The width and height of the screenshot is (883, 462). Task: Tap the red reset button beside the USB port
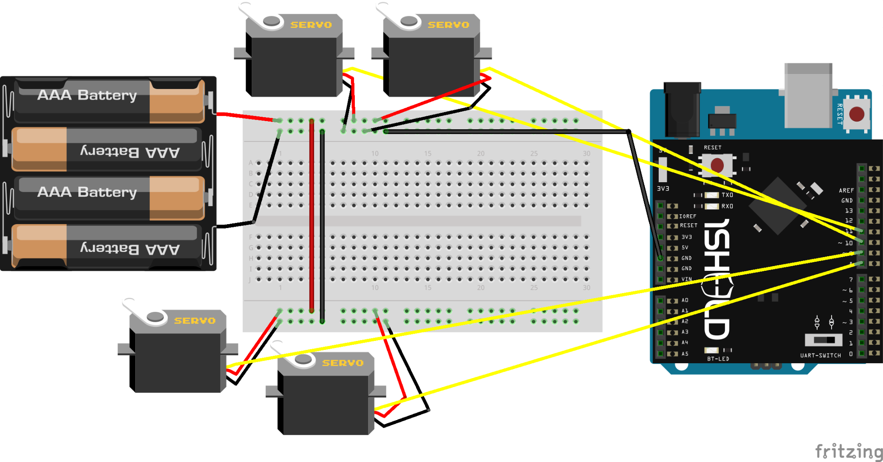[856, 114]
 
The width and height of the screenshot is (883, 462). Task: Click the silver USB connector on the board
[808, 96]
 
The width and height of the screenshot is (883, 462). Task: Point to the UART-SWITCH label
[820, 355]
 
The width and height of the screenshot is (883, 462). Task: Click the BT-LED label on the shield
[718, 359]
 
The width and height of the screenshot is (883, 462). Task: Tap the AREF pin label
[846, 190]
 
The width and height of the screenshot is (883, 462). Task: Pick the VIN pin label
[686, 279]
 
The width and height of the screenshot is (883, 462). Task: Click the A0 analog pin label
[685, 300]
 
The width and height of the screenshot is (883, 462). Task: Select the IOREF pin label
[687, 216]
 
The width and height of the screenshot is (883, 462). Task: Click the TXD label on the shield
[727, 195]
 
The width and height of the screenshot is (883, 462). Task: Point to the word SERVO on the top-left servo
[311, 25]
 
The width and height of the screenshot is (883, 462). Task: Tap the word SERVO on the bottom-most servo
[342, 363]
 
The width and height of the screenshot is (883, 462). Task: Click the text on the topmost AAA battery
[87, 95]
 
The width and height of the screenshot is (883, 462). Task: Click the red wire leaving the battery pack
[244, 116]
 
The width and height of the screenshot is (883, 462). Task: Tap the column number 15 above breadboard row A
[427, 154]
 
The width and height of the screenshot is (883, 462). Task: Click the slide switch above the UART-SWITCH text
[823, 340]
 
